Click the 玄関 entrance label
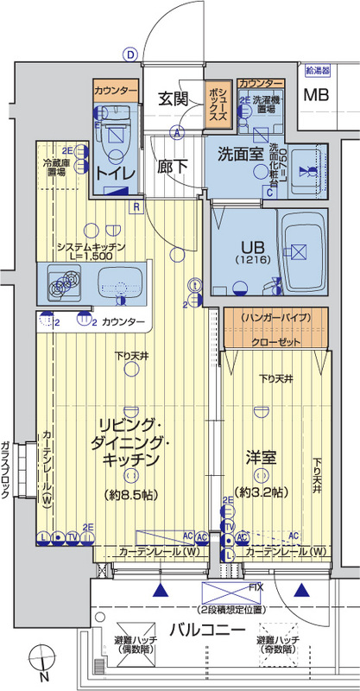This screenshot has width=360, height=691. tap(174, 99)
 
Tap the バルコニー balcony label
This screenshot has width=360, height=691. tap(205, 630)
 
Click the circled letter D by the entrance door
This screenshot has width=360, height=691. tap(130, 54)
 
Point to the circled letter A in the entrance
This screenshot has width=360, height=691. tap(176, 132)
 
